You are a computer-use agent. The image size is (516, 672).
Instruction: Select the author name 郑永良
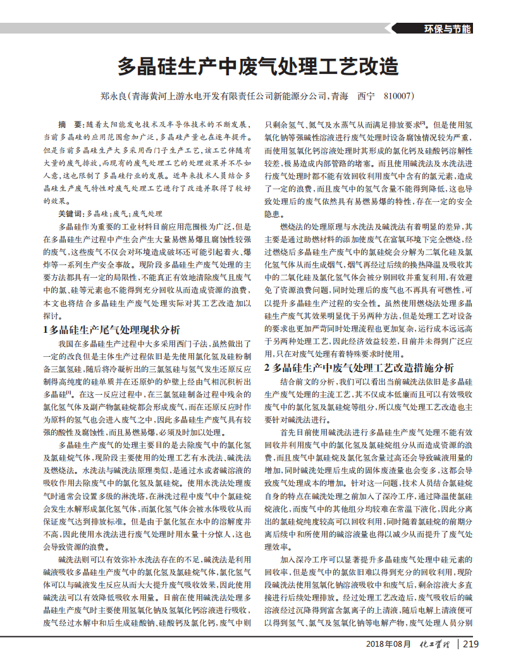(x=113, y=97)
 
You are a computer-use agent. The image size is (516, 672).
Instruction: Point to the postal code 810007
(x=398, y=97)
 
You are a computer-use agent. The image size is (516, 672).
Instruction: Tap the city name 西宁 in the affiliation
(x=366, y=97)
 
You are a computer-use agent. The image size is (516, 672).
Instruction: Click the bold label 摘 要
(x=70, y=123)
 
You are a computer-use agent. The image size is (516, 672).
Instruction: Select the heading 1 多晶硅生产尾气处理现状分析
(x=111, y=329)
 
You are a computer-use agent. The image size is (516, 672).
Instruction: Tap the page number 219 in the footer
(x=470, y=644)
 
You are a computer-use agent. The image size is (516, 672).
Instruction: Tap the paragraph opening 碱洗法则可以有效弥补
(x=95, y=559)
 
